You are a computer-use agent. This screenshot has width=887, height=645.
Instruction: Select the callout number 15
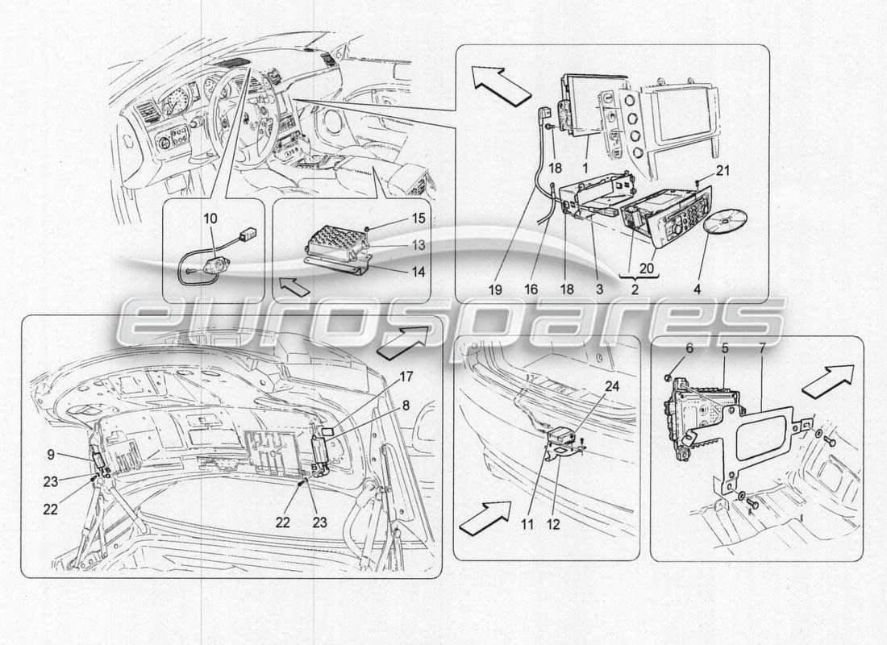pyautogui.click(x=396, y=219)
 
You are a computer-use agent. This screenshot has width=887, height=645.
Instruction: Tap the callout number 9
pyautogui.click(x=50, y=455)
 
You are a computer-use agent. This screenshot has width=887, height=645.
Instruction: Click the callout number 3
pyautogui.click(x=600, y=288)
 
